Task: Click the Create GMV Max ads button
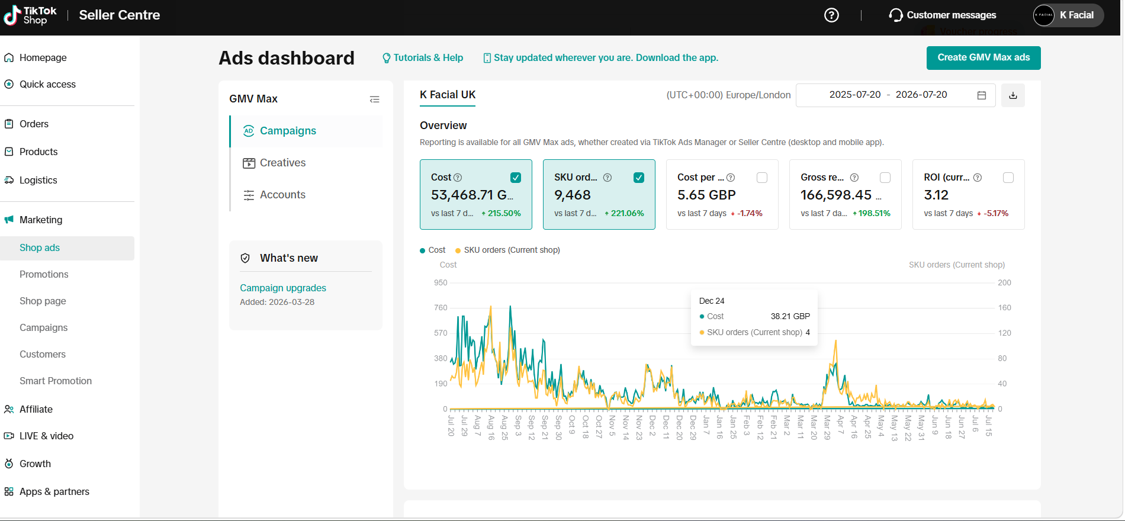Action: tap(983, 57)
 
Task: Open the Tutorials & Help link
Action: tap(423, 57)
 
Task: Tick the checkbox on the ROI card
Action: tap(1008, 178)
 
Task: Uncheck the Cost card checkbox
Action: tap(516, 178)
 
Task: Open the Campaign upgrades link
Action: tap(283, 288)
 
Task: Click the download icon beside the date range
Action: tap(1013, 95)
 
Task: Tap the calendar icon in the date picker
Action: tap(982, 95)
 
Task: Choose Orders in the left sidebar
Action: tap(34, 124)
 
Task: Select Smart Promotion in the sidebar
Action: tap(56, 381)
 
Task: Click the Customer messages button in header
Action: tap(943, 15)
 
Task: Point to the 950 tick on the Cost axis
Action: tap(441, 282)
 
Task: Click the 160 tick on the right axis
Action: tap(1005, 308)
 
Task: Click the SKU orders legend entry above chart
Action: tap(507, 250)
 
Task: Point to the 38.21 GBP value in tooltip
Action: tap(790, 316)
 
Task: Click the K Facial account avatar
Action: tap(1044, 15)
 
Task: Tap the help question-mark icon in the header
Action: tap(831, 15)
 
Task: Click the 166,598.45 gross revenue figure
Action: tap(836, 195)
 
